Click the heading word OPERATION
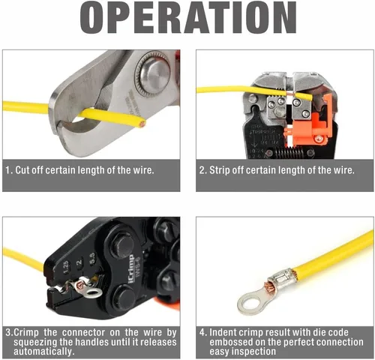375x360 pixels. click(188, 17)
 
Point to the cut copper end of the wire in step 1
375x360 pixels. click(142, 124)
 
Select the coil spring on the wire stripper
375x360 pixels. click(289, 151)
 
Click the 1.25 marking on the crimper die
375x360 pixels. click(65, 268)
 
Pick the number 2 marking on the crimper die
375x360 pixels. click(79, 262)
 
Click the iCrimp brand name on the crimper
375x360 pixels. click(131, 269)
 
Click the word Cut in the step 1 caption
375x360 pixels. click(21, 170)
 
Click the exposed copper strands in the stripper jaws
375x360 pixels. click(290, 94)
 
